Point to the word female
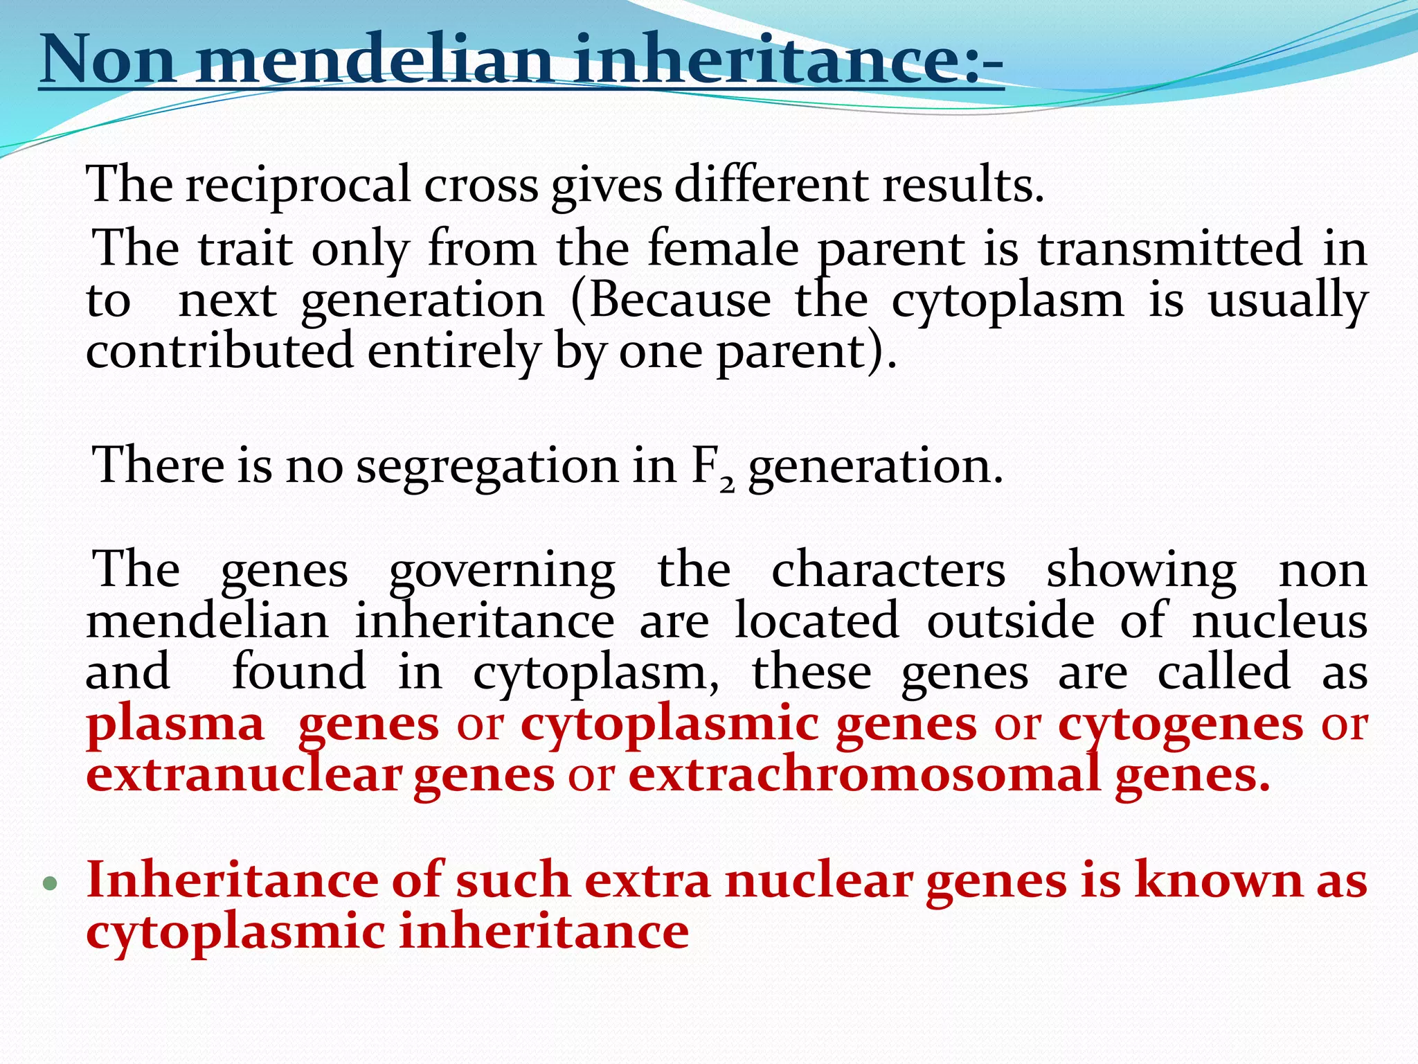click(x=724, y=249)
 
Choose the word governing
click(x=501, y=571)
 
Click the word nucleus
click(x=1280, y=621)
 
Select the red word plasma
click(x=176, y=725)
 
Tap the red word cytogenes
click(x=1180, y=725)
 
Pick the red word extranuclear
click(x=244, y=775)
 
